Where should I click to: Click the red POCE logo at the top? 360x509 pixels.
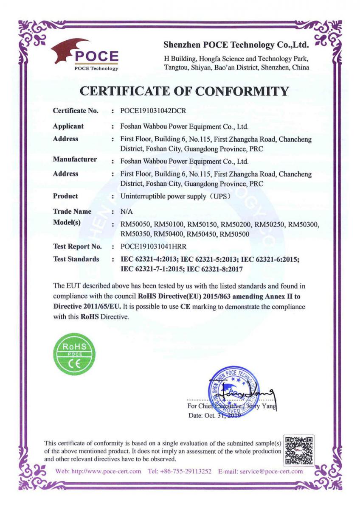pos(85,55)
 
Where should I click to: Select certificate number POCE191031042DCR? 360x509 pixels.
pos(154,111)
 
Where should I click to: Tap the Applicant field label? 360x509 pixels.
pos(68,126)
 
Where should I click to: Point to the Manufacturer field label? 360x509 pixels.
pos(75,159)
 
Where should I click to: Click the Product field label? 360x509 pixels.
pos(65,196)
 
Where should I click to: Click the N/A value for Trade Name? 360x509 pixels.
pos(127,211)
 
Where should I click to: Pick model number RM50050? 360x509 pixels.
pos(135,225)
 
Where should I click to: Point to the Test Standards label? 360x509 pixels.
pos(76,259)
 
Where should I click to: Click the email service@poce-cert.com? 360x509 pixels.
pos(271,471)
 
